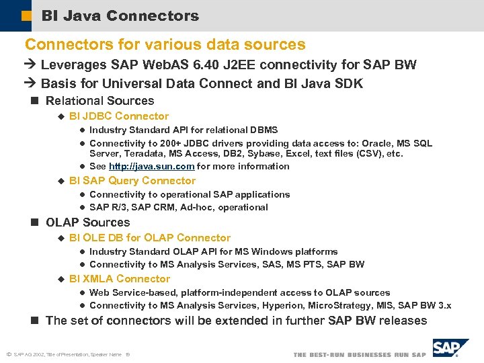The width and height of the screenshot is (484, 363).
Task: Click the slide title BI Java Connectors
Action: pos(120,15)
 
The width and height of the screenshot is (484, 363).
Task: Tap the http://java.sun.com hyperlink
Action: pos(151,166)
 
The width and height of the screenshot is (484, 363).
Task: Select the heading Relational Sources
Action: pos(99,101)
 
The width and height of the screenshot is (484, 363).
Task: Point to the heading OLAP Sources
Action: pos(87,223)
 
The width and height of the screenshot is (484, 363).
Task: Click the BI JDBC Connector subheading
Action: pos(118,116)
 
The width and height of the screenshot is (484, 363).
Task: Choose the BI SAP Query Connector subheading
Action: pos(132,181)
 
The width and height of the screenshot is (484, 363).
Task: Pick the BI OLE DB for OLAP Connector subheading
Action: pos(149,238)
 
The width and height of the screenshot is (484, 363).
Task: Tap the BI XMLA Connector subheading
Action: pos(119,279)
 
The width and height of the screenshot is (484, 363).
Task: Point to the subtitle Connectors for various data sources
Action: pos(165,45)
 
